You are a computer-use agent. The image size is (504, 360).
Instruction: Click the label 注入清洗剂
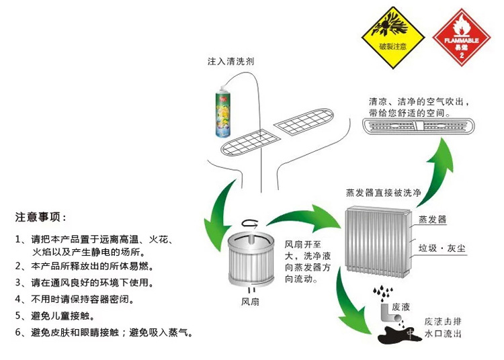tap(230, 61)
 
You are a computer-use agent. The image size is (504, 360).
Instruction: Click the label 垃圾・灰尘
tap(443, 248)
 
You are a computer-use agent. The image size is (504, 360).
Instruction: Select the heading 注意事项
tap(41, 218)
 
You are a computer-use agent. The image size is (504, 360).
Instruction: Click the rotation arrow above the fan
tap(250, 224)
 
